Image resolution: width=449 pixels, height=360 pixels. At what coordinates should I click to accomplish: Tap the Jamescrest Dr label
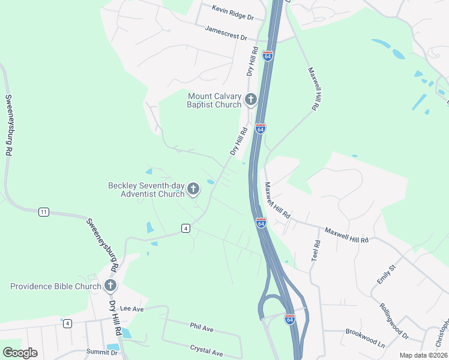pos(226,33)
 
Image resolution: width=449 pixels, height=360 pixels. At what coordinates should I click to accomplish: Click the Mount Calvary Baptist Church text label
pos(214,100)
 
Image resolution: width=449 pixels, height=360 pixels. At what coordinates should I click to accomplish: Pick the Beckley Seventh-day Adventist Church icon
pos(193,190)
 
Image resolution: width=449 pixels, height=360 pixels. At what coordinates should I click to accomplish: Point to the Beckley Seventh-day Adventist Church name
pos(146,190)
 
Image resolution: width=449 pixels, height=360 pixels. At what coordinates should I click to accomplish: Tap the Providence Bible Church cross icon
pos(110,286)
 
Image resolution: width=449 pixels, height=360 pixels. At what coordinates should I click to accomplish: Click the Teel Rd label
pos(317,250)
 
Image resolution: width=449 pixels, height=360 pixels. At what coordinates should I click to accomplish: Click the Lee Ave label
pos(132,308)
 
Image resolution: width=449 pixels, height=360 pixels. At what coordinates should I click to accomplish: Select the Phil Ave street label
pos(202,328)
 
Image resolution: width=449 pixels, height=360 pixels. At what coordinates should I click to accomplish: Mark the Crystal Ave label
pos(206,349)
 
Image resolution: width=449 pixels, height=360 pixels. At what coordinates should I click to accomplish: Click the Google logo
pos(20,353)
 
